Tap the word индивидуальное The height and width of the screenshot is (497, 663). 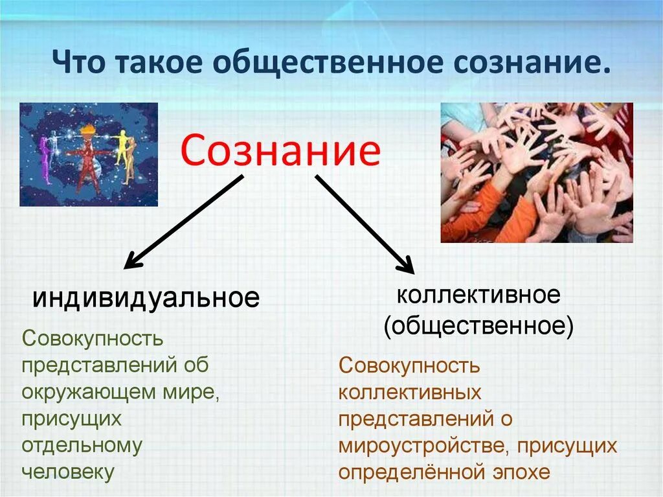tap(146, 297)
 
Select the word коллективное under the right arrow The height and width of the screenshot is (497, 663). tap(478, 294)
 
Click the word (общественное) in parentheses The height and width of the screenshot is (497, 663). tap(478, 326)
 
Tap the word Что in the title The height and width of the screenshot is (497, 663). tap(79, 62)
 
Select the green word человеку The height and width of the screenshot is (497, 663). tap(67, 472)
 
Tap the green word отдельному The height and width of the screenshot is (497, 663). tap(82, 446)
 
